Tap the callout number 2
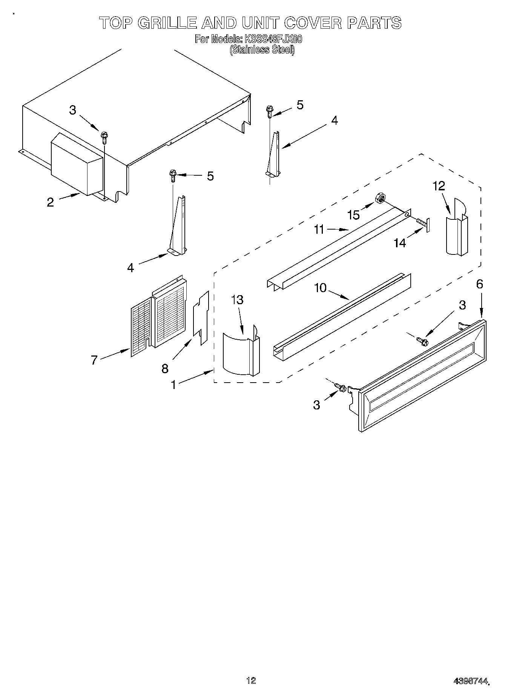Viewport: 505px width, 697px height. (x=51, y=202)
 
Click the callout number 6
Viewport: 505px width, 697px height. (x=479, y=284)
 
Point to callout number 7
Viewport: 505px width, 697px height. (x=94, y=360)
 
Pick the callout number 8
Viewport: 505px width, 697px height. (x=165, y=368)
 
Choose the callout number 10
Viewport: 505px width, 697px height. (x=320, y=288)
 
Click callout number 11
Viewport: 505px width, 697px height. (x=319, y=229)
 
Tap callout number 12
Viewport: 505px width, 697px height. (x=439, y=186)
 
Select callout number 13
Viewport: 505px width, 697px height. (x=238, y=300)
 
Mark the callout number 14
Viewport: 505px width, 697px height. (x=400, y=243)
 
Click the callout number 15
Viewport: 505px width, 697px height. (x=353, y=215)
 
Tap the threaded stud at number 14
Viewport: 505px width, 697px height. (x=422, y=225)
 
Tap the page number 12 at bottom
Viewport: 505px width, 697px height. (x=251, y=680)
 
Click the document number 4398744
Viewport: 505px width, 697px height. (x=471, y=681)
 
